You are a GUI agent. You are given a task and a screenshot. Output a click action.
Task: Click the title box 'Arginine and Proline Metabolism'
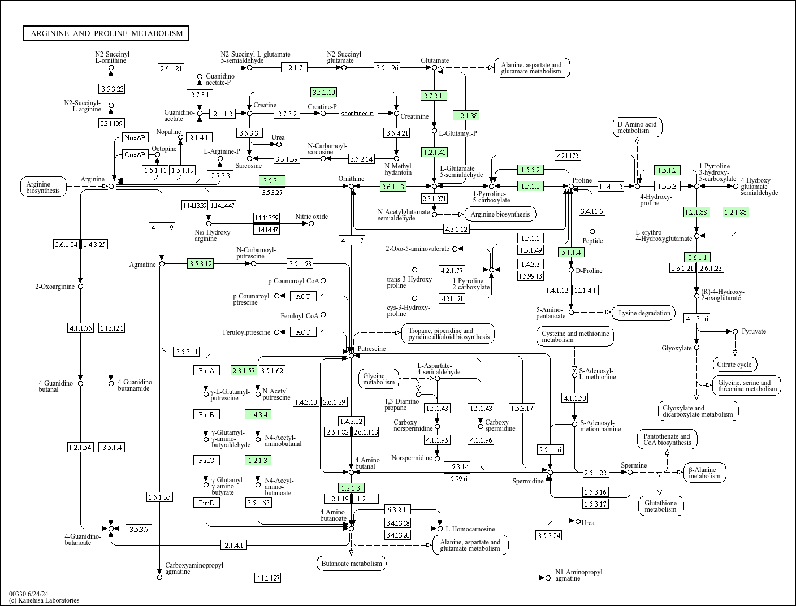[x=106, y=33]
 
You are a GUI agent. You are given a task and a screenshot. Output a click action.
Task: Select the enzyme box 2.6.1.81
[x=171, y=68]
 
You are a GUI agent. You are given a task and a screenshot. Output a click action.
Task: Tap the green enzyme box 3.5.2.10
[x=324, y=92]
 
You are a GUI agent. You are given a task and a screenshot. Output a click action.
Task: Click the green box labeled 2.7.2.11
[x=434, y=96]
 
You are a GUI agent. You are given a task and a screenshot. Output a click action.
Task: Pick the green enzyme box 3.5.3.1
[x=271, y=180]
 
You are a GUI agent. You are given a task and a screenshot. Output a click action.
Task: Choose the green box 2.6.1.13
[x=393, y=186]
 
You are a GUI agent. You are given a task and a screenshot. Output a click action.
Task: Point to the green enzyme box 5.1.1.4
[x=571, y=252]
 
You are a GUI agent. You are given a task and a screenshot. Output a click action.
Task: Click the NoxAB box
[x=135, y=137]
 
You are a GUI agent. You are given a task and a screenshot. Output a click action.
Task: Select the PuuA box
[x=206, y=370]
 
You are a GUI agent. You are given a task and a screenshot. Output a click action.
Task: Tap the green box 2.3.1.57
[x=244, y=370]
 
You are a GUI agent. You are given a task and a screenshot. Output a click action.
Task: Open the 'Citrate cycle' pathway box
[x=735, y=365]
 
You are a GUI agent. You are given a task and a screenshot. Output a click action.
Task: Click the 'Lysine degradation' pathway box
[x=644, y=313]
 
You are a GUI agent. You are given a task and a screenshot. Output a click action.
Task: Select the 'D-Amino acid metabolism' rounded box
[x=637, y=127]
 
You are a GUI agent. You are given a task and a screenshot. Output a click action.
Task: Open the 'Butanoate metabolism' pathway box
[x=352, y=563]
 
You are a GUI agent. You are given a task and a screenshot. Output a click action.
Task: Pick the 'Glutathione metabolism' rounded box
[x=660, y=506]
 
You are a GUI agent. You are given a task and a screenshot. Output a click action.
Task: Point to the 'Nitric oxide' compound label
[x=312, y=217]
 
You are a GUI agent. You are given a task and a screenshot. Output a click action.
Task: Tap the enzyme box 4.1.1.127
[x=268, y=578]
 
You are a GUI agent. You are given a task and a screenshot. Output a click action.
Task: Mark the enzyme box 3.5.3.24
[x=549, y=535]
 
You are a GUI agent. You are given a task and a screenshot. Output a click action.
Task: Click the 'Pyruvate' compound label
[x=754, y=331]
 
